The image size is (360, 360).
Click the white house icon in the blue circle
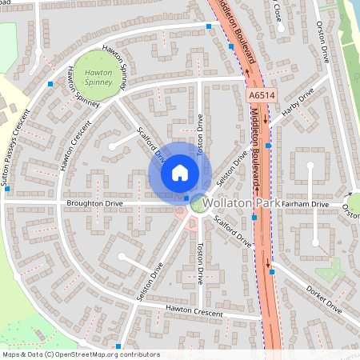(x=180, y=173)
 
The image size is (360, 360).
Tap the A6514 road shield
(x=262, y=95)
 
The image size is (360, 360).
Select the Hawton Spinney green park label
(x=98, y=77)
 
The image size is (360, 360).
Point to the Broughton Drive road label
(x=97, y=203)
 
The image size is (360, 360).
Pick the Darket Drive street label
(x=324, y=300)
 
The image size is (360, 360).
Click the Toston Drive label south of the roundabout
(x=200, y=264)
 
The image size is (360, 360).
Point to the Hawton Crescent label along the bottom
(x=194, y=310)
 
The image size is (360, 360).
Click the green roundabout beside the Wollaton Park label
(x=198, y=205)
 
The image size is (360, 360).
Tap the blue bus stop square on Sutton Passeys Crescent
(x=50, y=83)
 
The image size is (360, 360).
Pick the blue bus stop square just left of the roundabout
(x=186, y=198)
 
